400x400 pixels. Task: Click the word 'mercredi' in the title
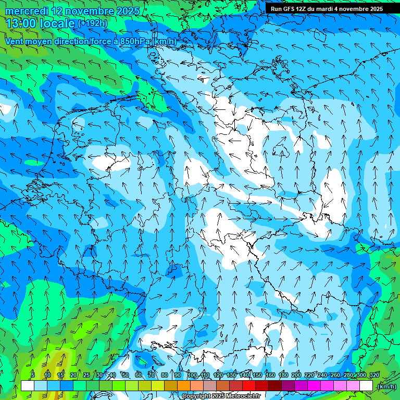26,10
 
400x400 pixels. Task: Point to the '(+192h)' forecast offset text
92,23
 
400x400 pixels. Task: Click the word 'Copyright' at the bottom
196,396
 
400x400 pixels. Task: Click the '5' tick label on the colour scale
33,375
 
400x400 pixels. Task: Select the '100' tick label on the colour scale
192,375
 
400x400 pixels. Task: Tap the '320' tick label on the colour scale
373,375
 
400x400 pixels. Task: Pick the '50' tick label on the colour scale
126,375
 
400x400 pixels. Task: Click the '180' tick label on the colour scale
283,375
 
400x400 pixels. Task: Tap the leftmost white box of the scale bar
28,386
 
